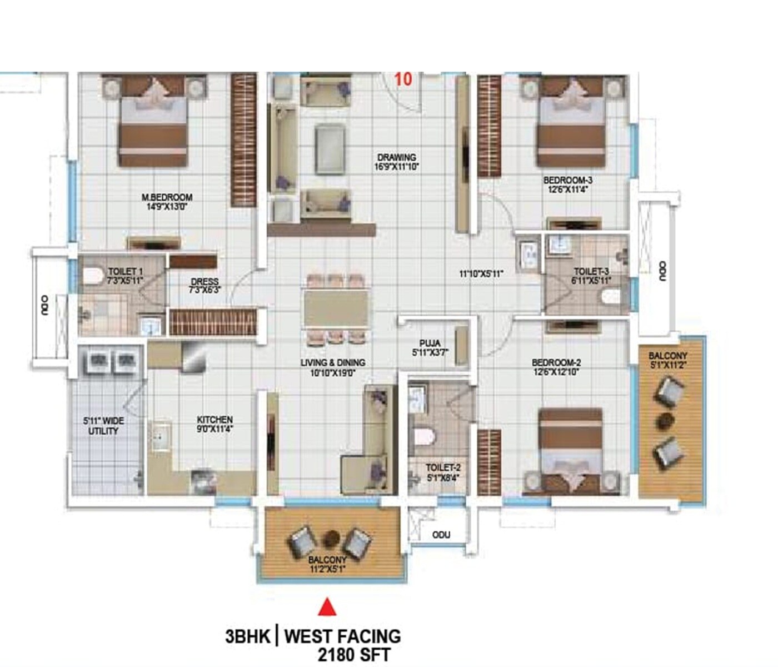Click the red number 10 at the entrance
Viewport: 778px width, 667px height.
coord(403,79)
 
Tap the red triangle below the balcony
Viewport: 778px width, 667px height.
coord(327,606)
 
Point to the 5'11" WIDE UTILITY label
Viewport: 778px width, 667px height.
coord(104,426)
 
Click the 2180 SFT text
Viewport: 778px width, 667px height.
coord(353,654)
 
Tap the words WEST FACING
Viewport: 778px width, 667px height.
coord(342,636)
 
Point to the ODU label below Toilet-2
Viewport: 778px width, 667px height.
coord(441,535)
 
